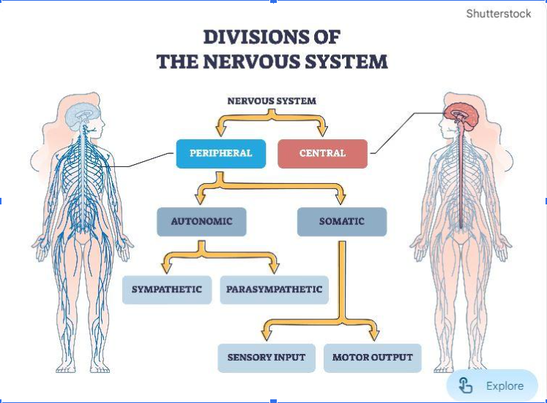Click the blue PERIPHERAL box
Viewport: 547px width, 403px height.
point(220,154)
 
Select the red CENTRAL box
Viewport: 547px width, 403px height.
point(322,154)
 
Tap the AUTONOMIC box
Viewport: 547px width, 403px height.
point(201,221)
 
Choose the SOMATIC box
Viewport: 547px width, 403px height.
point(341,221)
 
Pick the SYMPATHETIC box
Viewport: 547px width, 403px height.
point(166,289)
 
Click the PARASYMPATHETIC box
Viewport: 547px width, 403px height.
point(274,289)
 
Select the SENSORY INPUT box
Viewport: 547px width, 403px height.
point(266,358)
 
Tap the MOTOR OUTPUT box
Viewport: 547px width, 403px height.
point(372,358)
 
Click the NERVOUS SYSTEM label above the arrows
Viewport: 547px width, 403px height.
point(272,101)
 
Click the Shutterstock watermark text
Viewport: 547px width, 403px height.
point(499,14)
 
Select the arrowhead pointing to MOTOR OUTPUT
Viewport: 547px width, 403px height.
point(373,336)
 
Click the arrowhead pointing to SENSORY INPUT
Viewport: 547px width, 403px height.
point(267,336)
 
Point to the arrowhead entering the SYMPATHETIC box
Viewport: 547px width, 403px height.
point(166,268)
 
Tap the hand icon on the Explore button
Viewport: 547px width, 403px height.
point(465,385)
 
